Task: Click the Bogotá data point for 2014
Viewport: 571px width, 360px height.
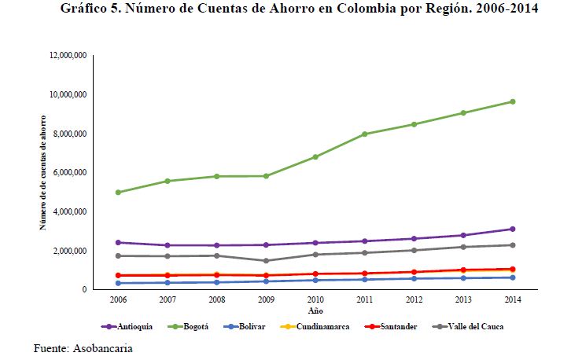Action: click(513, 101)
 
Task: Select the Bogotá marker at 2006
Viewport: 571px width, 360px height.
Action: click(117, 193)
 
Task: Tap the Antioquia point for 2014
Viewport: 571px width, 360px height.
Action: click(513, 229)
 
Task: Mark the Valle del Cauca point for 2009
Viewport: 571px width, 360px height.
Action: click(266, 261)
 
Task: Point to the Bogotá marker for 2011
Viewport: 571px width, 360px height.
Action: click(364, 134)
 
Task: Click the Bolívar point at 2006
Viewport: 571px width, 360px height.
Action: click(117, 283)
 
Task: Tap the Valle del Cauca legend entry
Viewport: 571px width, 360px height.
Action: click(467, 326)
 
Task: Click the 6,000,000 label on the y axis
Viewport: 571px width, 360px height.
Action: click(69, 173)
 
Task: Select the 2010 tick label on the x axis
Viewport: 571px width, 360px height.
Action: click(315, 300)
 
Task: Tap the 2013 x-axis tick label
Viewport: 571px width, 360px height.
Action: click(463, 300)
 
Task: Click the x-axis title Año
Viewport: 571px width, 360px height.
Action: click(315, 310)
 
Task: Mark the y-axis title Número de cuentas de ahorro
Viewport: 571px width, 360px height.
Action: click(43, 172)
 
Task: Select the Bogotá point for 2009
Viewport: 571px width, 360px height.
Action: click(266, 176)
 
